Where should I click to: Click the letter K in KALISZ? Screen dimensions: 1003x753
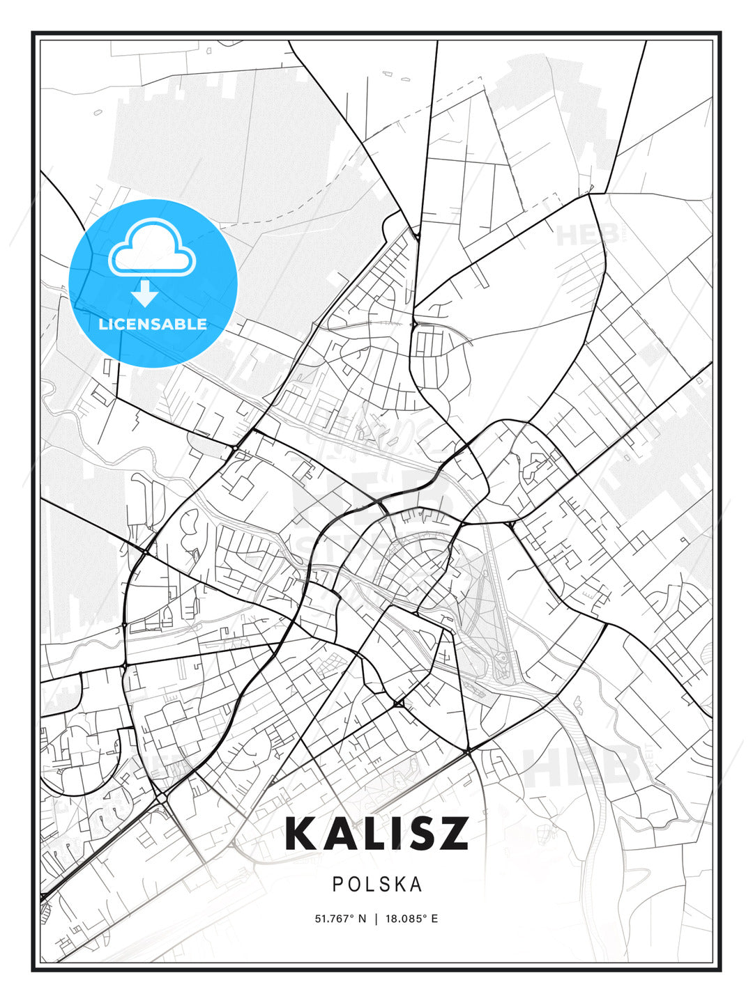301,833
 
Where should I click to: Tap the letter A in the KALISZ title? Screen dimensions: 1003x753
341,833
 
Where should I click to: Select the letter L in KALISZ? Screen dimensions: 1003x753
376,833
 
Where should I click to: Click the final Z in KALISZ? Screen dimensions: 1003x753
456,833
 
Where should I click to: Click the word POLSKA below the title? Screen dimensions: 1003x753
377,885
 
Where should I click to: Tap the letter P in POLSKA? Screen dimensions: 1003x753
337,885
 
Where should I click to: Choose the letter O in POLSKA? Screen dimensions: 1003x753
353,885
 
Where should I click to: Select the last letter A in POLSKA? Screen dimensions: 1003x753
416,885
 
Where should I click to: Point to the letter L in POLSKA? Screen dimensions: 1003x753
370,885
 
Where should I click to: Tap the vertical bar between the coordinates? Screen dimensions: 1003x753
376,919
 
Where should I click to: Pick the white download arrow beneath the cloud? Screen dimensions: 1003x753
145,294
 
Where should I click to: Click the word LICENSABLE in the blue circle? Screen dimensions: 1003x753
153,324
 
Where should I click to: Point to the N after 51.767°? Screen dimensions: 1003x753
362,919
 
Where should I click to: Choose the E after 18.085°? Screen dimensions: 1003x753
435,919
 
